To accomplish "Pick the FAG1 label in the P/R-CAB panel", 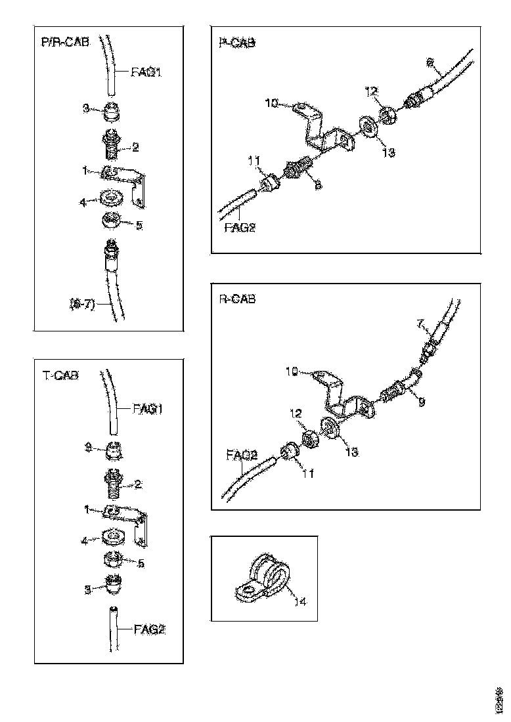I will click(x=145, y=72).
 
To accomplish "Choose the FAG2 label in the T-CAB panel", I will click(x=149, y=629).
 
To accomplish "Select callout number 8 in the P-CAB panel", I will click(x=317, y=186).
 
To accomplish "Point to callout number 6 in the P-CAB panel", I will click(x=430, y=64).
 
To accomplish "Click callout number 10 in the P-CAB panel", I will click(x=272, y=102).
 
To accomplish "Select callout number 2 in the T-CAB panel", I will click(x=138, y=484).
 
